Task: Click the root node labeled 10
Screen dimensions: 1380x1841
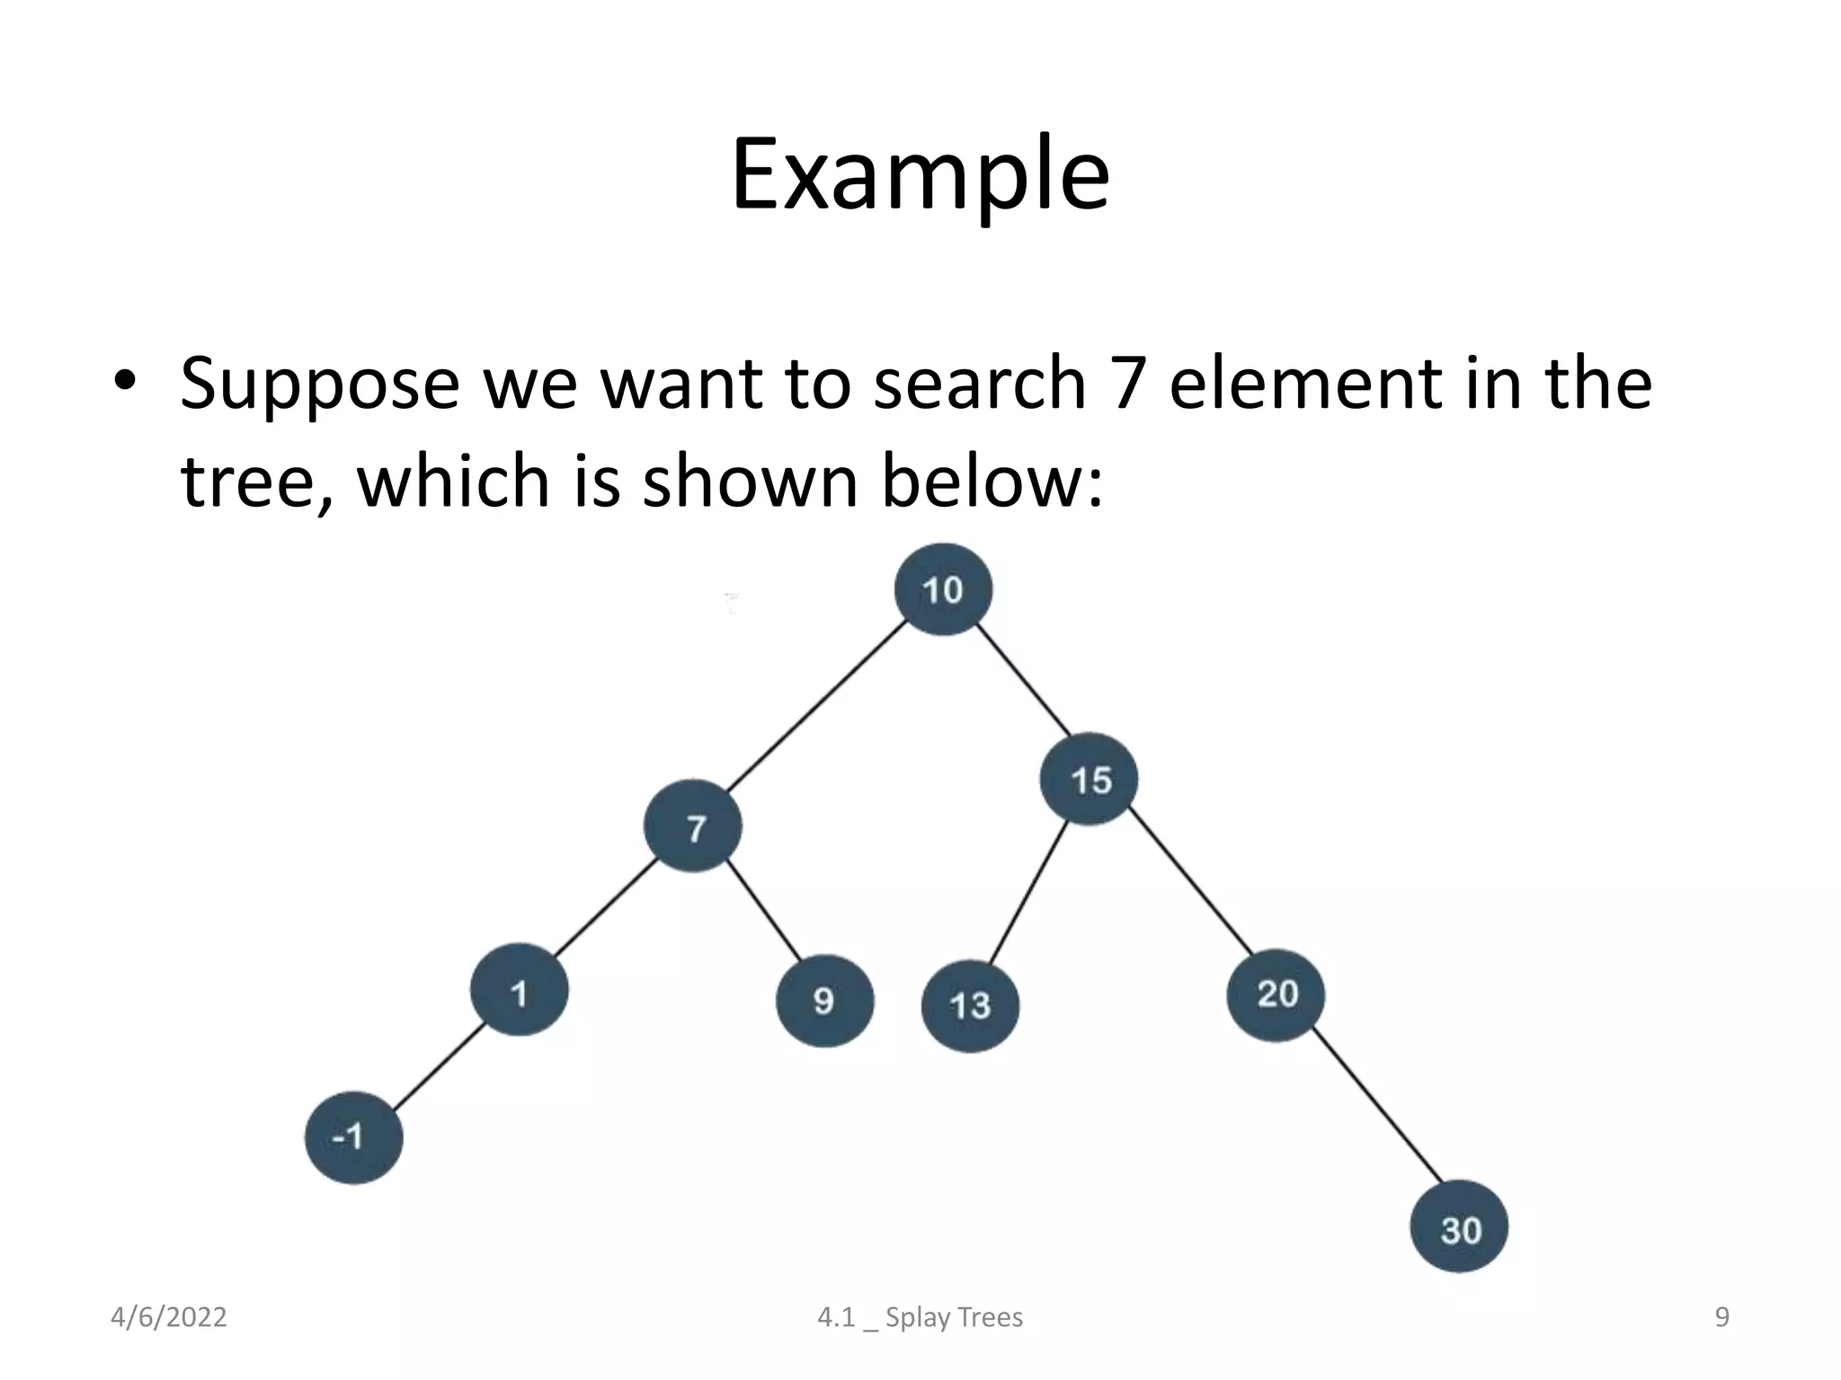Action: coord(943,589)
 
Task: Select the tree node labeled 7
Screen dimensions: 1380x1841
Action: coord(693,827)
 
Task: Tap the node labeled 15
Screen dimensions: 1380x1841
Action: coord(1089,779)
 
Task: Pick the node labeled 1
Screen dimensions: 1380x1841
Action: coord(519,990)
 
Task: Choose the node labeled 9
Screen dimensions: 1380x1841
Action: coord(824,1001)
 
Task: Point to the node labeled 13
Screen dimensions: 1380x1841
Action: coord(970,1005)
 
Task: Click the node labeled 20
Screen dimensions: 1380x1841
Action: coord(1276,995)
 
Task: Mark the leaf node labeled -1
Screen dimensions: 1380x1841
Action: coord(353,1137)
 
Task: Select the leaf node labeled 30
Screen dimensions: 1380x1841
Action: coord(1459,1227)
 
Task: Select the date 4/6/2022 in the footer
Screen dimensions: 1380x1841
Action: coord(168,1317)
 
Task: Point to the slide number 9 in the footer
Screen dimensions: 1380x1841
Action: coord(1721,1317)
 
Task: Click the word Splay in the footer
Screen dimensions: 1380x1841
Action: coord(917,1317)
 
